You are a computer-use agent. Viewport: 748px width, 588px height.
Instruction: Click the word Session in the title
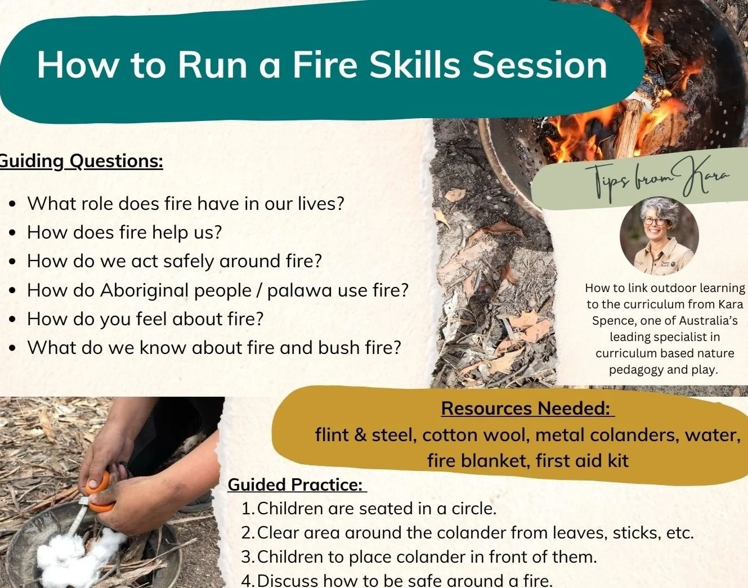coord(540,65)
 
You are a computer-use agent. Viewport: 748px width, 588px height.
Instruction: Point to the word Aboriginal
coord(145,290)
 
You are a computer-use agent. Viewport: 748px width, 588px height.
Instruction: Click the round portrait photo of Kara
coord(659,235)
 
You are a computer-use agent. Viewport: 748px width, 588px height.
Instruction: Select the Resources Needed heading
coord(527,408)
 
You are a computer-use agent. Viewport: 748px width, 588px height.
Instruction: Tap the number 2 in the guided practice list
coord(247,532)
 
